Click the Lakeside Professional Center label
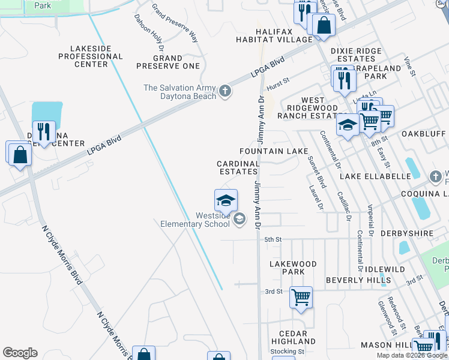coord(91,56)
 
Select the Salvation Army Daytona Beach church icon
coord(225,91)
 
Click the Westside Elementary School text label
coord(195,220)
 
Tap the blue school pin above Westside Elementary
coord(226,200)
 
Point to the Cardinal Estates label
coord(238,167)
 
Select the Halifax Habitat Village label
coord(284,35)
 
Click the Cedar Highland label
coord(294,337)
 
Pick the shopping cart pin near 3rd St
coord(301,297)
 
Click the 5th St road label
coord(273,239)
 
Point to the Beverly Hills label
coord(358,280)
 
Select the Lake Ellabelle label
coord(375,177)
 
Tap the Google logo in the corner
coord(20,353)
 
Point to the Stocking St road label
coord(288,352)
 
